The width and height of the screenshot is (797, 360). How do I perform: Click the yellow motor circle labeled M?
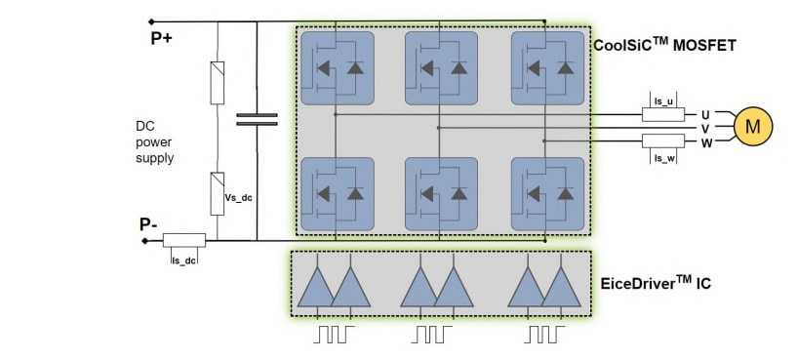[x=752, y=127]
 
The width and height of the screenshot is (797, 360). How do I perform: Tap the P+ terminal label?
[x=161, y=39]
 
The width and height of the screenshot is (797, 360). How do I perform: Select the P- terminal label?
[x=149, y=224]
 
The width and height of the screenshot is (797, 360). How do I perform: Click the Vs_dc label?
[x=239, y=198]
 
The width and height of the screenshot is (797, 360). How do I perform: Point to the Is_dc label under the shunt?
[x=183, y=260]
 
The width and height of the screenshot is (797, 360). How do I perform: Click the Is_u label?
[x=664, y=100]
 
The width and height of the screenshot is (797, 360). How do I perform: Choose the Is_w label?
[x=664, y=156]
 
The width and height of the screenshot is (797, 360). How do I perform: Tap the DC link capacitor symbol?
[x=257, y=119]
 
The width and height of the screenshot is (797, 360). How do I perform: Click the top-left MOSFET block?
[x=337, y=68]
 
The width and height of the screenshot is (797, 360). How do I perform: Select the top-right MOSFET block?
[x=547, y=68]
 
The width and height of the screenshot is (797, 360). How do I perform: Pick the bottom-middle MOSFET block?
[x=441, y=193]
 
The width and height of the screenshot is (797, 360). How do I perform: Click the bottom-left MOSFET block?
[x=337, y=193]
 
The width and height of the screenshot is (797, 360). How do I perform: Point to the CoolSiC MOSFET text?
[x=663, y=44]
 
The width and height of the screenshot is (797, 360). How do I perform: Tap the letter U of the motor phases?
[x=704, y=114]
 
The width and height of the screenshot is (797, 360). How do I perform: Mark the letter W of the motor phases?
[x=704, y=142]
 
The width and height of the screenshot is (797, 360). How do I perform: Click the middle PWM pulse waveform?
[x=430, y=334]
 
